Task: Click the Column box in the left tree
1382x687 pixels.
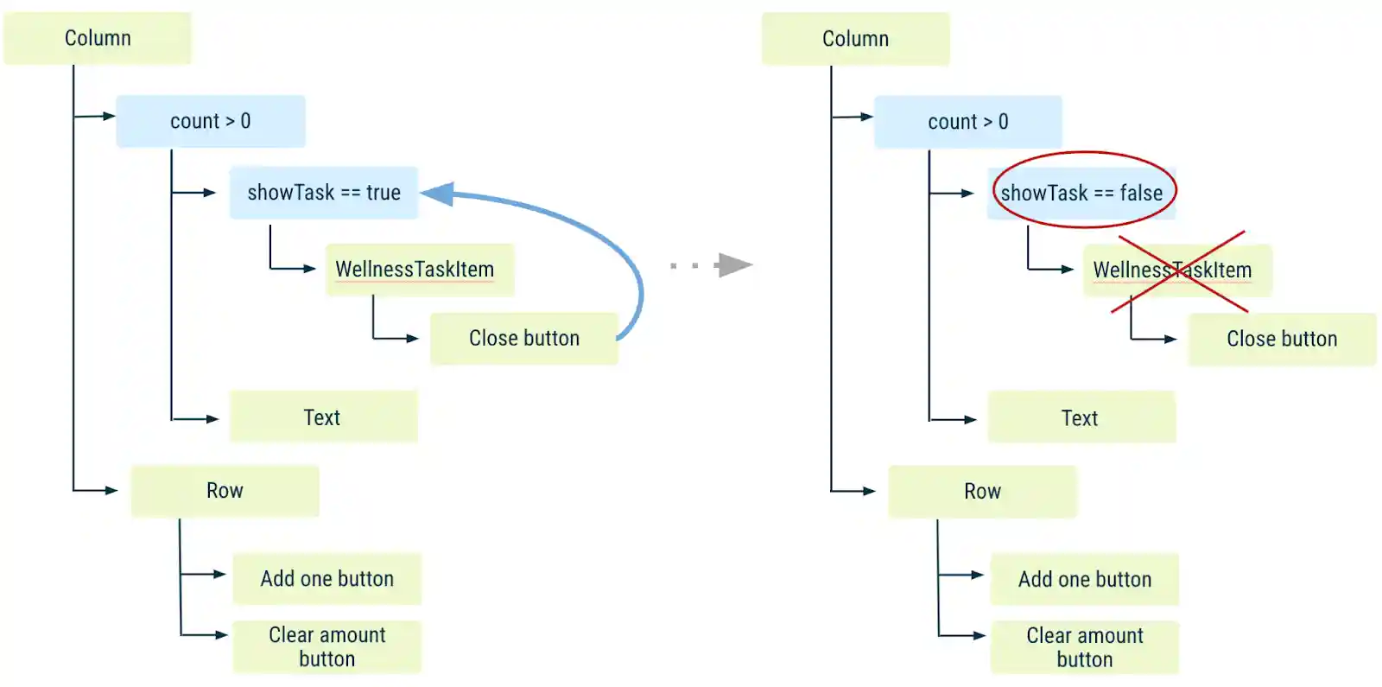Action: click(97, 38)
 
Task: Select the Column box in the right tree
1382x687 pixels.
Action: click(855, 39)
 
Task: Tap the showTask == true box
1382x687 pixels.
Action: click(323, 193)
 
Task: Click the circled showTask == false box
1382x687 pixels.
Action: click(1081, 193)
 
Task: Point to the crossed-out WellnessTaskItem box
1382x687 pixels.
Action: click(1176, 270)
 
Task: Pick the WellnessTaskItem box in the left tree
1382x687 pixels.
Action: click(419, 270)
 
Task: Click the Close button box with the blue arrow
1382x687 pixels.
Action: click(523, 339)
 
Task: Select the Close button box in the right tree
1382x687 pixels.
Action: click(1282, 340)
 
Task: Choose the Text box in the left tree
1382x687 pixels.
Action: click(323, 417)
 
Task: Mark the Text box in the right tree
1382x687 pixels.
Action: click(1081, 418)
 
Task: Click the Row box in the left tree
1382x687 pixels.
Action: click(225, 491)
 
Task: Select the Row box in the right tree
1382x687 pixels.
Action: click(982, 492)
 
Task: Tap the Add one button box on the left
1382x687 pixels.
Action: click(326, 579)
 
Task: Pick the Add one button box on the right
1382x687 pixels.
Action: click(1084, 580)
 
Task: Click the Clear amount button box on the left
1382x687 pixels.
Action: click(326, 646)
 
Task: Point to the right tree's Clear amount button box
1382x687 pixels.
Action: click(1084, 647)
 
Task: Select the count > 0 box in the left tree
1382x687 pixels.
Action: click(210, 121)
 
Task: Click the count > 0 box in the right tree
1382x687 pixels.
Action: click(967, 122)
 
